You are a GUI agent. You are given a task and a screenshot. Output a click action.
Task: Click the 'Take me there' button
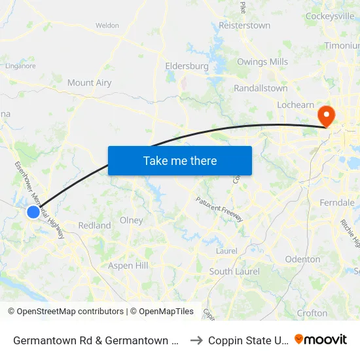[x=180, y=160]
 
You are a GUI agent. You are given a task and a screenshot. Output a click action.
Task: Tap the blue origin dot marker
[x=33, y=212]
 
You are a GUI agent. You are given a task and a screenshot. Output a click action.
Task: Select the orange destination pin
[x=325, y=116]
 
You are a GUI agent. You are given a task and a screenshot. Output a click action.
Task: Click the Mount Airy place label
[x=89, y=83]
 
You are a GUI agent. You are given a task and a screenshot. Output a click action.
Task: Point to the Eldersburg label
[x=187, y=66]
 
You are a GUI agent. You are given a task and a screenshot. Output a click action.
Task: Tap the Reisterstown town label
[x=244, y=26]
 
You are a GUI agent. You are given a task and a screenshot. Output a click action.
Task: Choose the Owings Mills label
[x=262, y=62]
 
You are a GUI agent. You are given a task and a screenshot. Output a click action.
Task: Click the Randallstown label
[x=261, y=88]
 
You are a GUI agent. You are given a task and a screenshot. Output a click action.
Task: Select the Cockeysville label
[x=330, y=16]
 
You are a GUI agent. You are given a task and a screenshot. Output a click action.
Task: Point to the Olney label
[x=132, y=221]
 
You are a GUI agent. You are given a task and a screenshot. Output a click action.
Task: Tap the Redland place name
[x=94, y=226]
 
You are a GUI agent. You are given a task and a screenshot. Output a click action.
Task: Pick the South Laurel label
[x=234, y=272]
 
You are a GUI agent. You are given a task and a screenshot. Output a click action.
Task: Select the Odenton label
[x=302, y=259]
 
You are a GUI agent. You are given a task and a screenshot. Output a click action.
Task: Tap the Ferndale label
[x=337, y=203]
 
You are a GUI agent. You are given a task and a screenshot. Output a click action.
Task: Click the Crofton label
[x=312, y=314]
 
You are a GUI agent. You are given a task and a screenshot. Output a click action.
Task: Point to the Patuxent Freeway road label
[x=220, y=208]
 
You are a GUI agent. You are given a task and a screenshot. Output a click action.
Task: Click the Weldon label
[x=107, y=26]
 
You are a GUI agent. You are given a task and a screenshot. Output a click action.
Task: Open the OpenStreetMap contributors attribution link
[x=70, y=312]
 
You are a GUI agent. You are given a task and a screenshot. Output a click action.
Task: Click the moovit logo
[x=321, y=340]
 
